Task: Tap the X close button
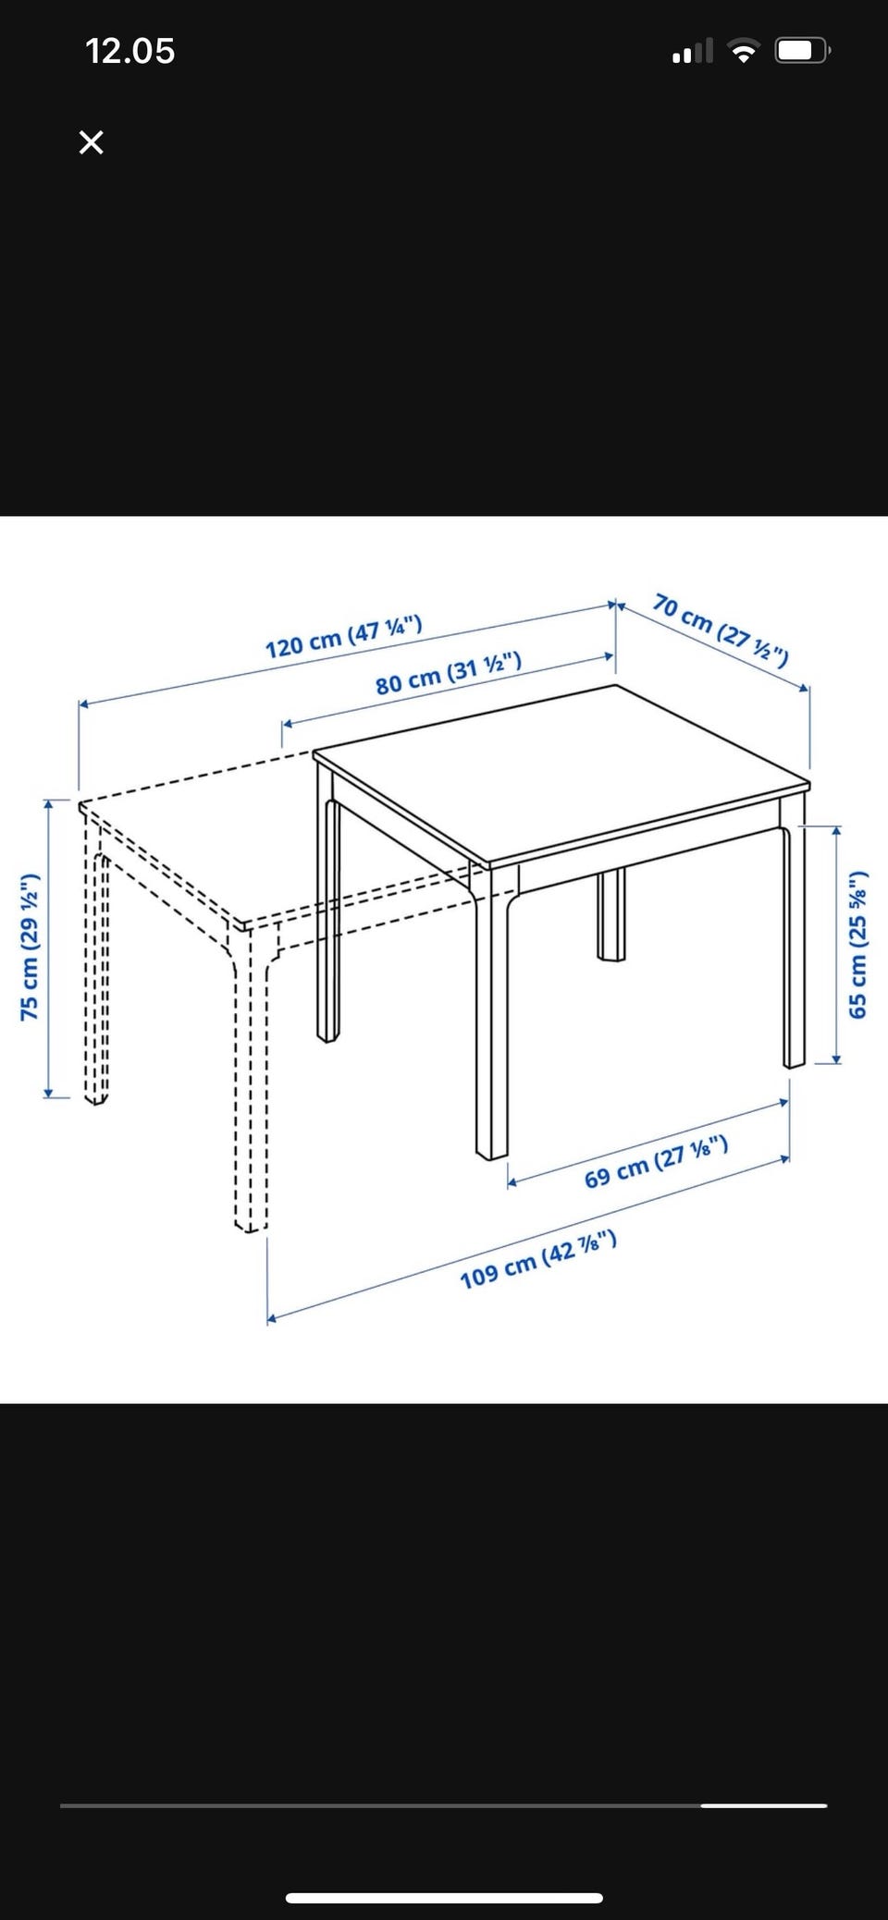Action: tap(91, 142)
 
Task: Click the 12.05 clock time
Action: tap(129, 51)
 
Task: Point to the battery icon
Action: tap(803, 51)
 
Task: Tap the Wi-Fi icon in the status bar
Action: tap(742, 51)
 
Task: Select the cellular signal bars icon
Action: tap(693, 51)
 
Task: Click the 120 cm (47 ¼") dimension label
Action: tap(343, 636)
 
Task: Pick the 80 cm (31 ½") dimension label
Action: tap(448, 672)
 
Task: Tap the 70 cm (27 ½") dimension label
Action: tap(721, 630)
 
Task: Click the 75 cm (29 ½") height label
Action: tap(30, 947)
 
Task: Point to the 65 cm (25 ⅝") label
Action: tap(858, 944)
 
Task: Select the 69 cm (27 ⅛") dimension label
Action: tap(656, 1162)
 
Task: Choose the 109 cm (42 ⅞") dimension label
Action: tap(537, 1259)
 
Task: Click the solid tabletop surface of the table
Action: tap(561, 771)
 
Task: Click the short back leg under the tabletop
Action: tap(610, 914)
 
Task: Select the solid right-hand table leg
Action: tap(794, 934)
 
